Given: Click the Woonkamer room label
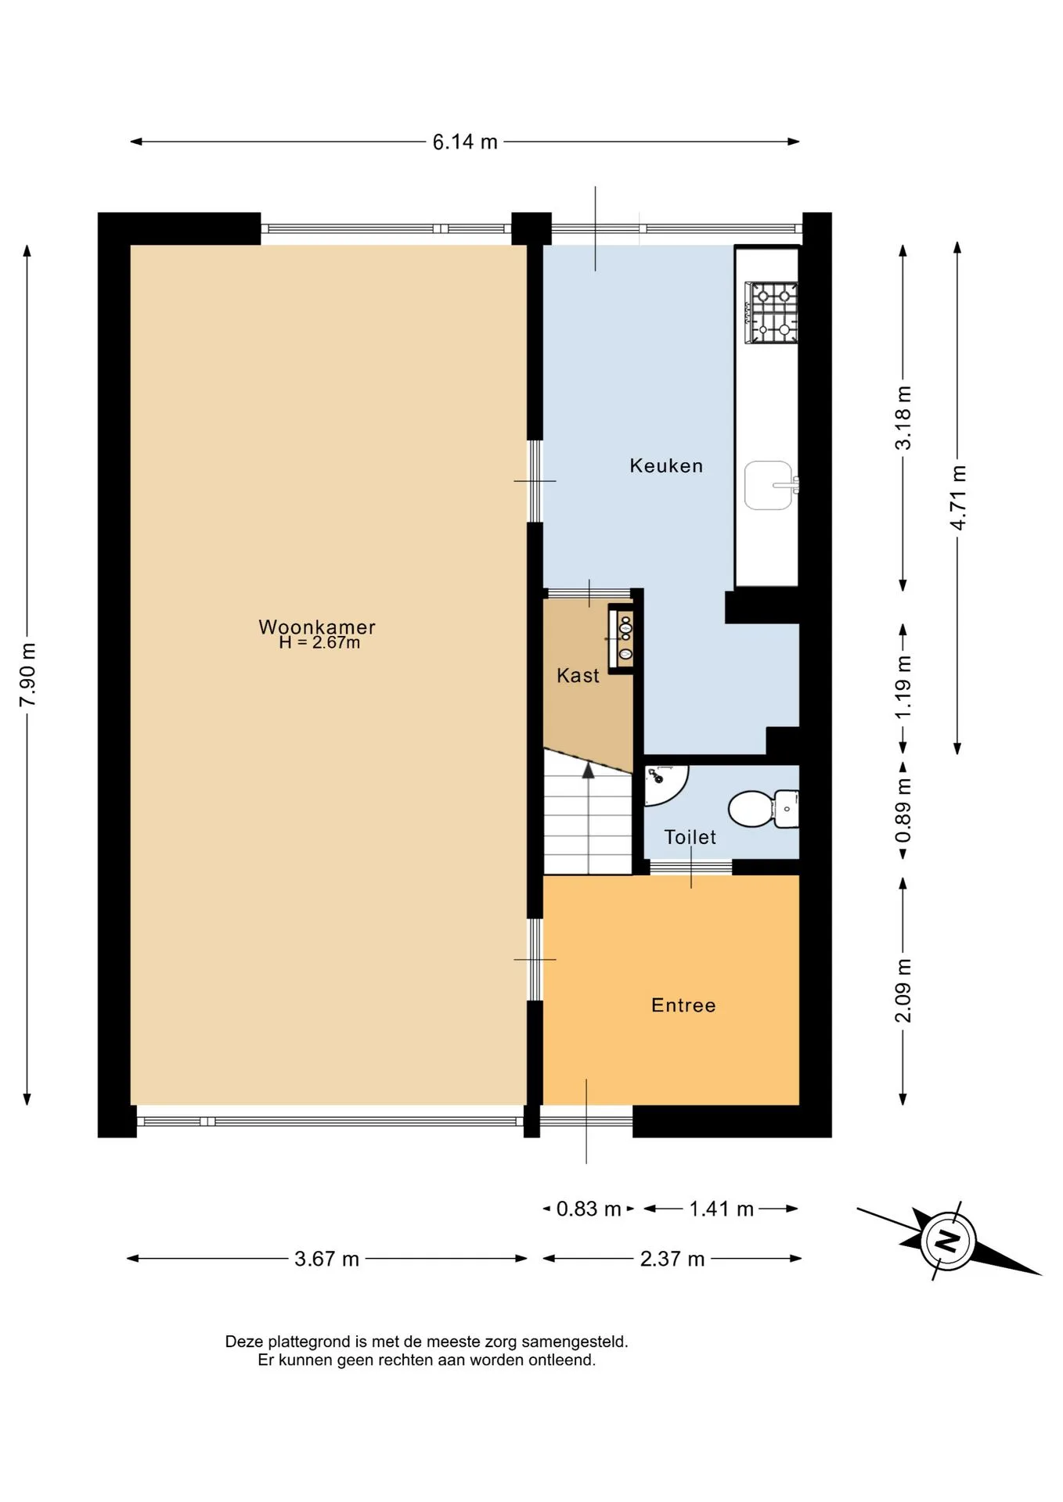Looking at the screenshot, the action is pos(317,627).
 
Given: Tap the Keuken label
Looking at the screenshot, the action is pos(666,465).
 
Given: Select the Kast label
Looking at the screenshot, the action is pos(578,675).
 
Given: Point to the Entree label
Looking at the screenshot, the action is pos(683,1005).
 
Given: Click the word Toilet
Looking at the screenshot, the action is pos(690,837).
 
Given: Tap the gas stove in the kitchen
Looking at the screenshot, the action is pos(771,313).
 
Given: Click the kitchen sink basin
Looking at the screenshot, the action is pos(769,485).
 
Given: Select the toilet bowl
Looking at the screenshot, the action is pos(763,809).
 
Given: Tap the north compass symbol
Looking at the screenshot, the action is pos(947,1241).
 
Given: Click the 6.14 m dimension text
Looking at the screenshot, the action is pos(465,142).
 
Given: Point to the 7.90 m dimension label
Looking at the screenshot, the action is pos(27,674).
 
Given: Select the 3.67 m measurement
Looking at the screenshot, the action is pos(326,1259).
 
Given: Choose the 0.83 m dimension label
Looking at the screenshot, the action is pos(589,1209).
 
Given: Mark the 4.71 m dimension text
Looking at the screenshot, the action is pos(958,498).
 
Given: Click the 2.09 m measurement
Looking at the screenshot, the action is pos(903,990).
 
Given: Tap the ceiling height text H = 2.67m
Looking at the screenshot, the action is pos(319,643).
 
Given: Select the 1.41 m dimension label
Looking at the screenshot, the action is pos(721,1209).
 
